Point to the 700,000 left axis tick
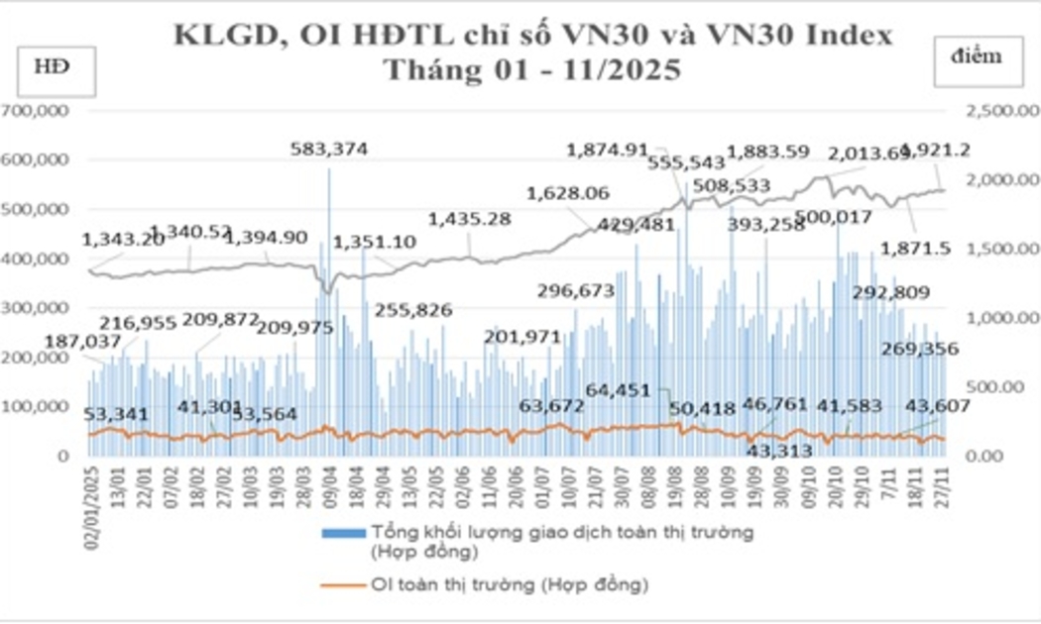[x=36, y=110]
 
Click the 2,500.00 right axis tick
[x=991, y=110]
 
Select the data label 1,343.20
[x=122, y=240]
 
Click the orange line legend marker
[x=341, y=584]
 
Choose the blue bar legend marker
[x=341, y=534]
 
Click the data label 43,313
[x=778, y=450]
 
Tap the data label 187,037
[x=83, y=343]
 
